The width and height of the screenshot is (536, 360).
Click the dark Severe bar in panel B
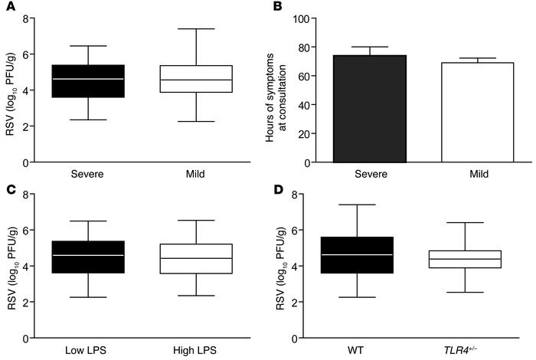coord(370,109)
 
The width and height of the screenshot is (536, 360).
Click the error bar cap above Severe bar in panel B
coord(370,47)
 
